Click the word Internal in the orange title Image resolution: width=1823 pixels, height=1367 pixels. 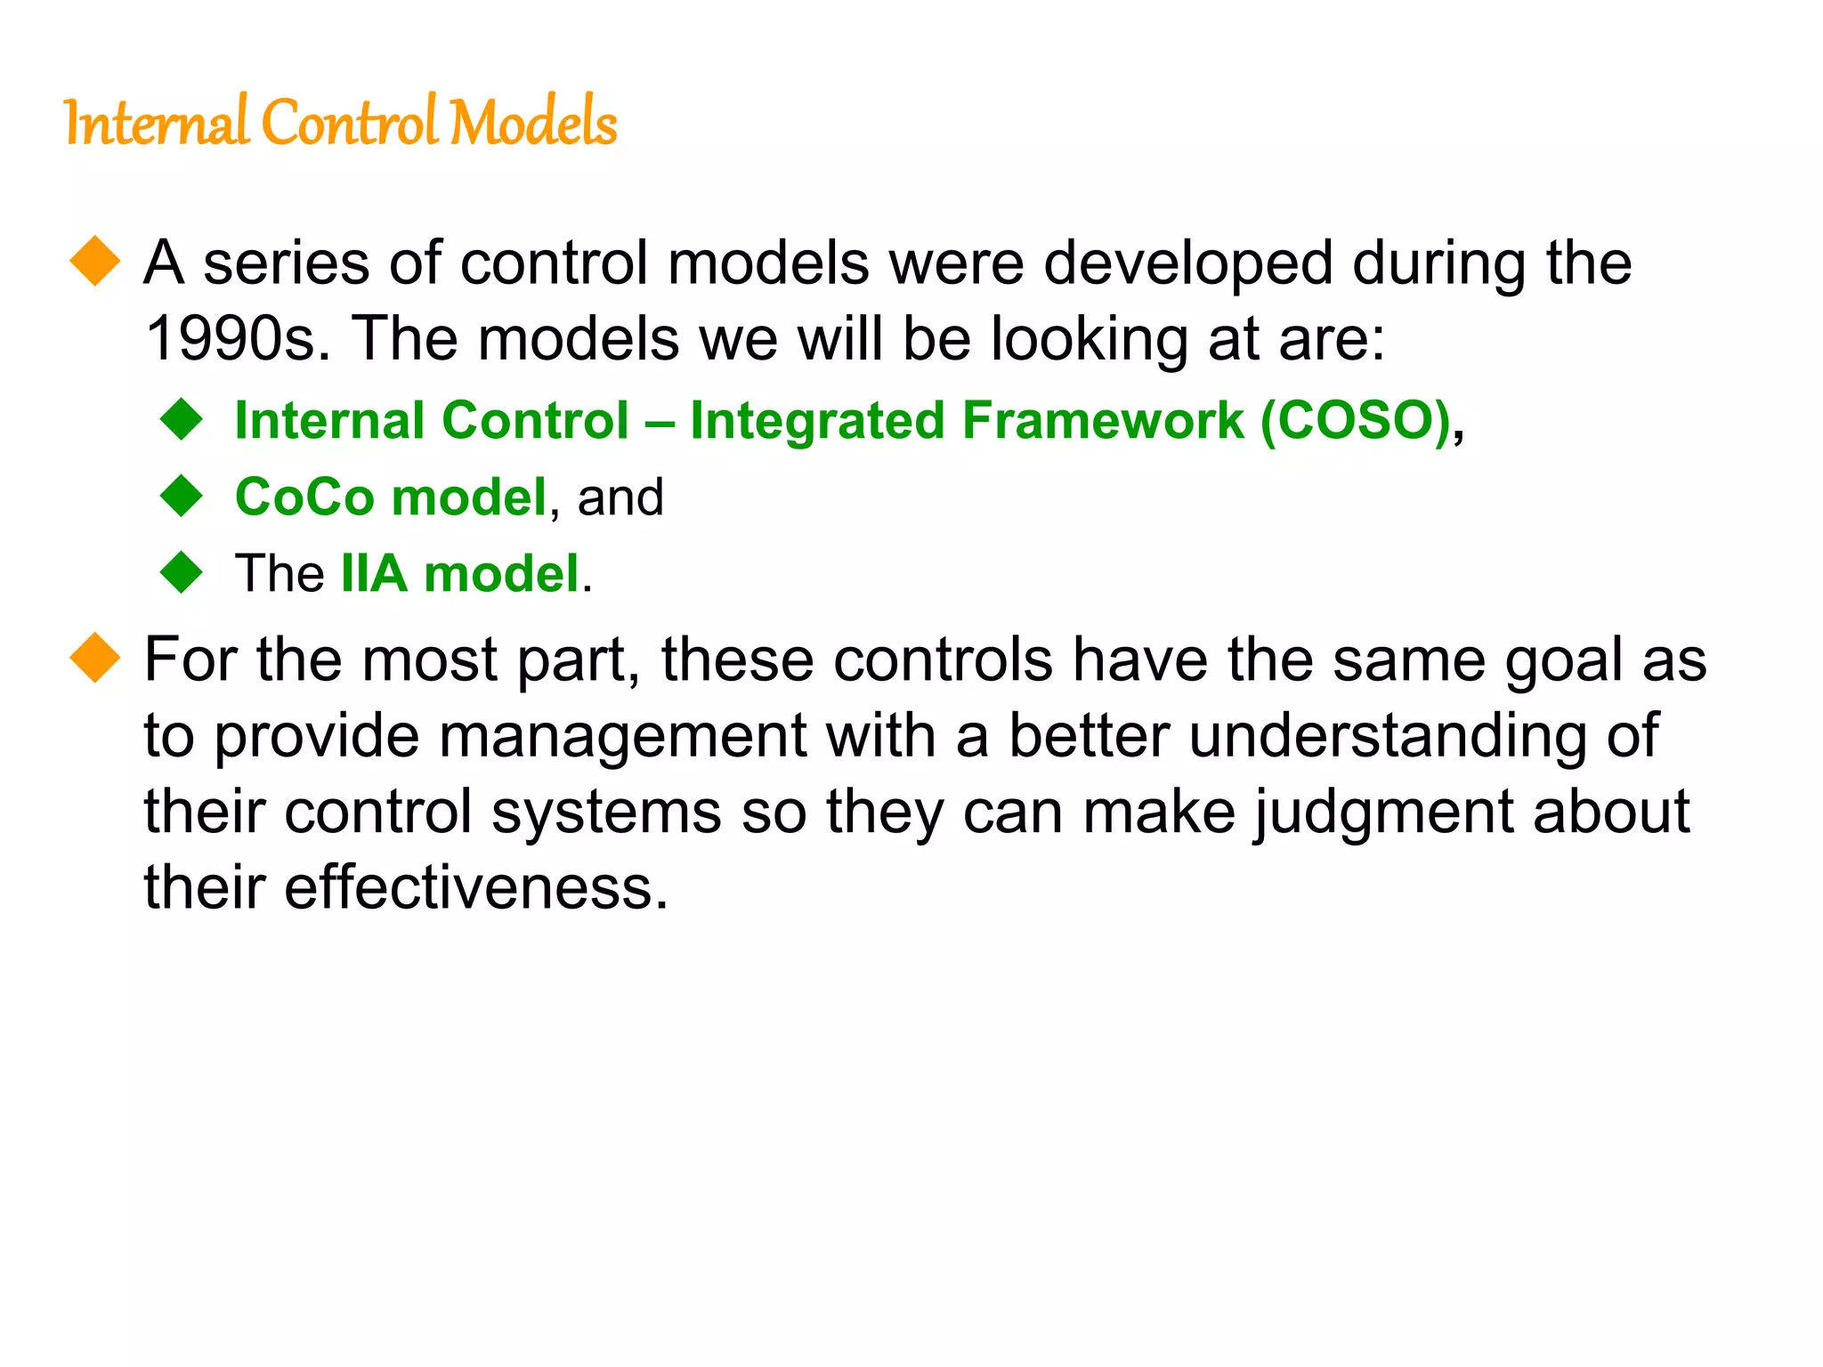click(x=156, y=123)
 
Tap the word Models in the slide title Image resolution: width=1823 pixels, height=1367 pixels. click(x=533, y=123)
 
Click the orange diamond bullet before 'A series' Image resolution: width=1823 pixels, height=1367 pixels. click(x=94, y=261)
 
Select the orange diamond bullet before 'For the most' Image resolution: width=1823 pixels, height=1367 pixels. click(x=94, y=658)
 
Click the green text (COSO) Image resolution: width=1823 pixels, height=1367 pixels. click(x=1356, y=421)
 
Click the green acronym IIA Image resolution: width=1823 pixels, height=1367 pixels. click(x=374, y=573)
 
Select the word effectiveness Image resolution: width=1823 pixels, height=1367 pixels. click(x=475, y=888)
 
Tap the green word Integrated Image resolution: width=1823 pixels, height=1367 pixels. click(x=817, y=421)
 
